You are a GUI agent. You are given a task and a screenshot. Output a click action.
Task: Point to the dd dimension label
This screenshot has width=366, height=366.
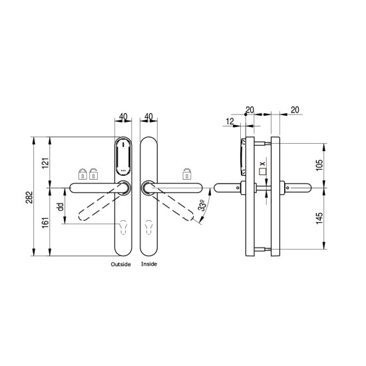[x=60, y=207]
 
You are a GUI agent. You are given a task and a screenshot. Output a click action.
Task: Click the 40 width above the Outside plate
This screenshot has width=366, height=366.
[x=122, y=116]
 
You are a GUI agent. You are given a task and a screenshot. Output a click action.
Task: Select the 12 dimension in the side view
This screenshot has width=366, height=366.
[x=229, y=122]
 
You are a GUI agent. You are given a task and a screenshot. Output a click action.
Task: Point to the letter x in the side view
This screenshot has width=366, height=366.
[x=262, y=163]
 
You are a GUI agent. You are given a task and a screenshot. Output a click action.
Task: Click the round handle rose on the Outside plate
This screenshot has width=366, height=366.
[x=124, y=188]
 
